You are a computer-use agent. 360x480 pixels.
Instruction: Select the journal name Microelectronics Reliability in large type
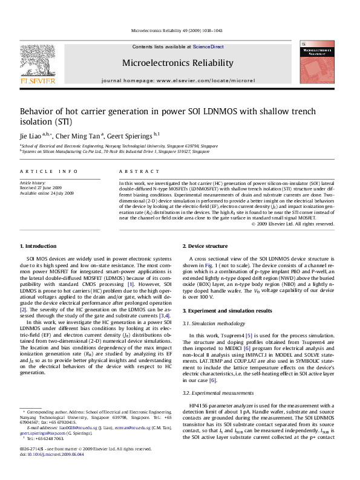click(x=177, y=63)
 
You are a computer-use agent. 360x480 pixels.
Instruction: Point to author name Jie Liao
click(x=31, y=136)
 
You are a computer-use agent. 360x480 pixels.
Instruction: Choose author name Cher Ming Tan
click(x=82, y=136)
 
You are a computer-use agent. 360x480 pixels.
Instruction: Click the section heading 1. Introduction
click(x=39, y=246)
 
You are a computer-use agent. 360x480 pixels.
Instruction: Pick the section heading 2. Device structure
click(x=205, y=246)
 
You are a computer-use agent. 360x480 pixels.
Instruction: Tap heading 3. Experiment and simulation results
click(x=229, y=310)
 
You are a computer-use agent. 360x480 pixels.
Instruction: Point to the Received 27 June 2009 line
click(x=41, y=187)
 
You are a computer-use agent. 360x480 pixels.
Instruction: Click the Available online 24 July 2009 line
click(x=47, y=193)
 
